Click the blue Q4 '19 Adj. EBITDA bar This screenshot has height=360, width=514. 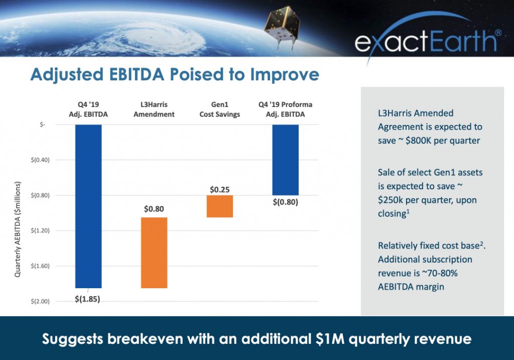[88, 206]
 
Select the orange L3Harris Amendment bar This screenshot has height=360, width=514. [154, 253]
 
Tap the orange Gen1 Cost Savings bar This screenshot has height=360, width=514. [220, 206]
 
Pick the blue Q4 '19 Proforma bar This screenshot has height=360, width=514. [286, 160]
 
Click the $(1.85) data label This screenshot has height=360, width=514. [87, 299]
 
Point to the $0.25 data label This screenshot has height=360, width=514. [220, 189]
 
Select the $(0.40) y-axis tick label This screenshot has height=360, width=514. [40, 160]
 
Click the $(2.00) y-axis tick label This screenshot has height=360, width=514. [40, 301]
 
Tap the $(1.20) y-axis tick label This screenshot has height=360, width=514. [40, 230]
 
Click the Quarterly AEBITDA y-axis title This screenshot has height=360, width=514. [18, 229]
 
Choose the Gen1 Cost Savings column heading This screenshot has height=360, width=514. [220, 109]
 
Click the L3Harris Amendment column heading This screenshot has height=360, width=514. [154, 109]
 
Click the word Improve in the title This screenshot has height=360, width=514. [285, 75]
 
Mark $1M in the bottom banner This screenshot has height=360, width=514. [330, 339]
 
